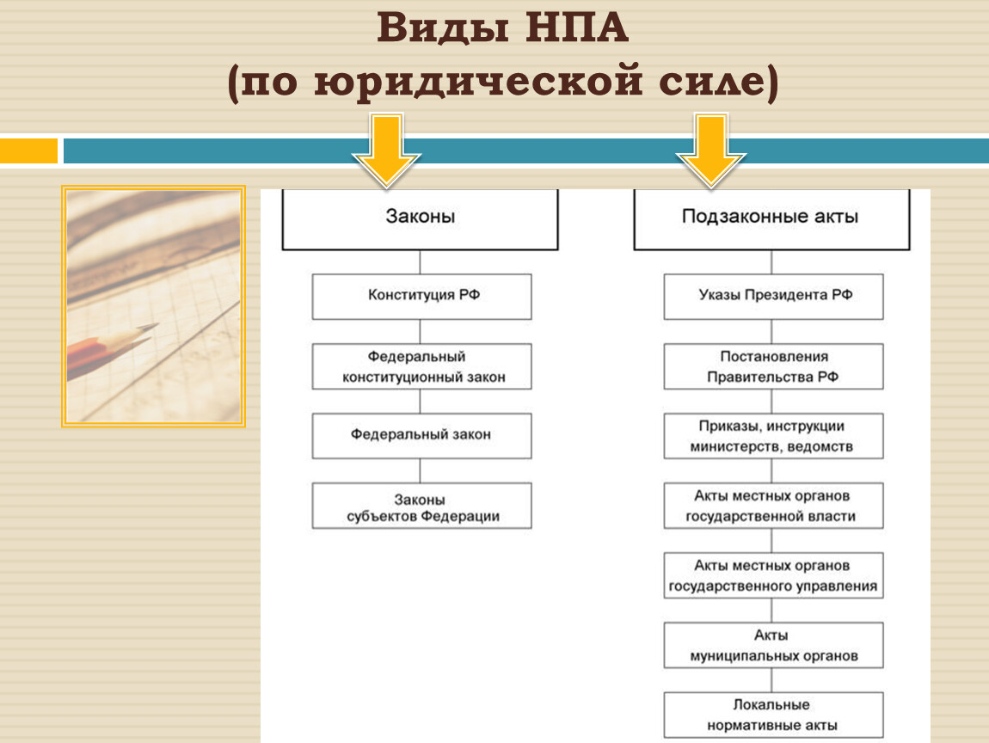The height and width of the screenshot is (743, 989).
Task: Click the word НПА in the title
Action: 576,28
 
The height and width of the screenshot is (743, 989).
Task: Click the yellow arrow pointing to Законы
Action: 386,150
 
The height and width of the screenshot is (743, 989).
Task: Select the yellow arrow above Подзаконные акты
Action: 711,150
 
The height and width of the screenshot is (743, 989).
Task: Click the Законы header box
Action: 420,219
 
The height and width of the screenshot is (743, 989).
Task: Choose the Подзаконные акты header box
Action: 771,219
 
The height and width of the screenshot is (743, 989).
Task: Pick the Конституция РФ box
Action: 422,297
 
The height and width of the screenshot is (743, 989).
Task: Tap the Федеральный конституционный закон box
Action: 422,366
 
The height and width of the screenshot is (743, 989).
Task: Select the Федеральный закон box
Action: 422,436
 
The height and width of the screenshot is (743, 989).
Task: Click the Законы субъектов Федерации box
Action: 422,506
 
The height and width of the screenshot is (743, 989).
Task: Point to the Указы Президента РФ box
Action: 773,297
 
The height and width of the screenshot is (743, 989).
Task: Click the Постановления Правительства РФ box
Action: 773,366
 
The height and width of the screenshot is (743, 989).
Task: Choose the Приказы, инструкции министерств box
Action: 773,436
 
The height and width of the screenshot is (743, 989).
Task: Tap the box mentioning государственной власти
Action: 773,506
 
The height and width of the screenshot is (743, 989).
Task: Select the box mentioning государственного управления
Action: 773,575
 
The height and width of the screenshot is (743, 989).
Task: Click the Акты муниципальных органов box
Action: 773,645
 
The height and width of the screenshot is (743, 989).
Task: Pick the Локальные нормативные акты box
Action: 773,715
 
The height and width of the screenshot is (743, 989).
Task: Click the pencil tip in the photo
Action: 156,325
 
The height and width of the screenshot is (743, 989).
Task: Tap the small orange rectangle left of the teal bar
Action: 29,150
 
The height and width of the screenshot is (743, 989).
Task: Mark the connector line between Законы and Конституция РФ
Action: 420,261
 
